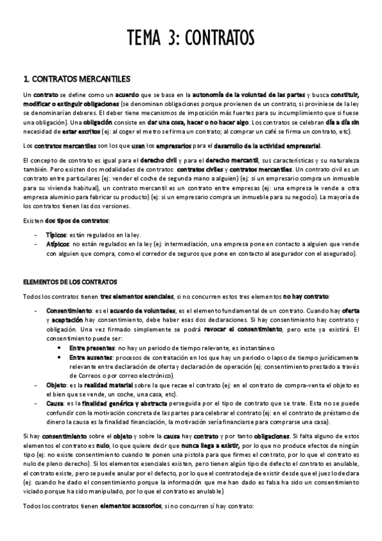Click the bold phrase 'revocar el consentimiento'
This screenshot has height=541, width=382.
(x=244, y=329)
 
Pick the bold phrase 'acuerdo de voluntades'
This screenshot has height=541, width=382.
(x=116, y=309)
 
